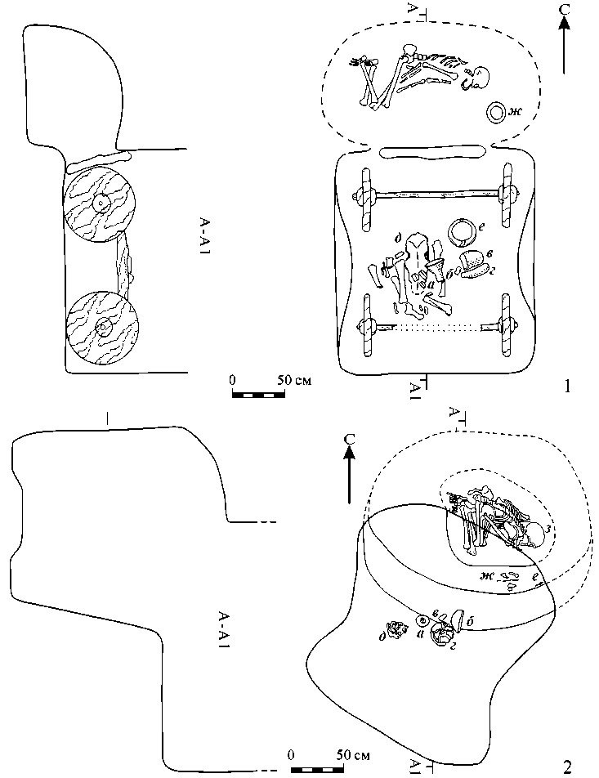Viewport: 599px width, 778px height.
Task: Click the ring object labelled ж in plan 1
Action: [x=495, y=114]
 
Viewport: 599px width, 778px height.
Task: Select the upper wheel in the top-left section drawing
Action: [x=99, y=203]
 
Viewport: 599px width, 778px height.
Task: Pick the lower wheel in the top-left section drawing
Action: [x=103, y=328]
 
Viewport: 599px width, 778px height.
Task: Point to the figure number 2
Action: [x=567, y=766]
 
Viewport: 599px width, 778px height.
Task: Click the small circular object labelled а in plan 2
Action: [x=422, y=620]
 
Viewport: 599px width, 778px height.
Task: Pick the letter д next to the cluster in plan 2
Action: [x=383, y=636]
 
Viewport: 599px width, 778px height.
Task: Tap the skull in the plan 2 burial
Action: [x=537, y=537]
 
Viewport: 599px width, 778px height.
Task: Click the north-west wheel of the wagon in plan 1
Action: [x=364, y=195]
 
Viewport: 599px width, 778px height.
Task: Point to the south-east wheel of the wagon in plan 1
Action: [x=507, y=327]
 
